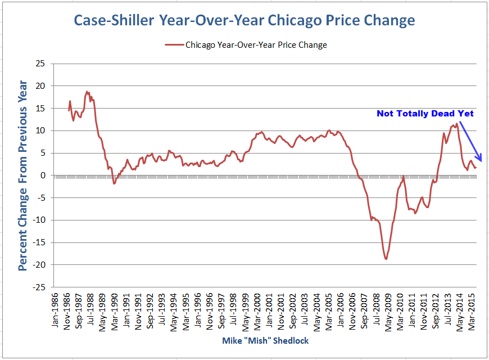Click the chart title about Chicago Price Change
(244, 21)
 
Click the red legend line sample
(173, 44)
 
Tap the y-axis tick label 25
(40, 64)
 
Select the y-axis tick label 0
(42, 175)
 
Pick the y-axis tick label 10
(40, 130)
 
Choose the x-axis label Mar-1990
(115, 310)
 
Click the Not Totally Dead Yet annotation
(425, 114)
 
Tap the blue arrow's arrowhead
(475, 161)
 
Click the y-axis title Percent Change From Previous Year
(23, 175)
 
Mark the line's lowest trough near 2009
(386, 259)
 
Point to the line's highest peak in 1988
(87, 91)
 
